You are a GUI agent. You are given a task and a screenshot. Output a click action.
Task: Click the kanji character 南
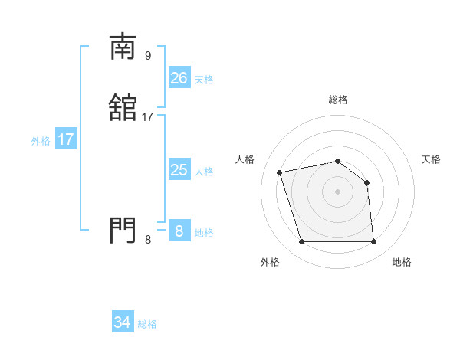[x=123, y=47]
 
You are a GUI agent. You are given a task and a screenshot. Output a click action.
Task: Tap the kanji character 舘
[x=123, y=107]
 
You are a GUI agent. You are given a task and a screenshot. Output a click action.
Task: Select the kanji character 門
[x=123, y=230]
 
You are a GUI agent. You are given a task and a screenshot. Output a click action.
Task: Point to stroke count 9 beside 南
[x=148, y=55]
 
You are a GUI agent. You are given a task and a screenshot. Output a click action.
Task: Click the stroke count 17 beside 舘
[x=148, y=117]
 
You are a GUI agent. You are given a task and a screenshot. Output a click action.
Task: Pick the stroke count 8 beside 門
[x=148, y=240]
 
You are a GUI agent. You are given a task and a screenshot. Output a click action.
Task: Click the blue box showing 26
[x=179, y=77]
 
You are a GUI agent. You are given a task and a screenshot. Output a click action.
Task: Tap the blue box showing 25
[x=179, y=170]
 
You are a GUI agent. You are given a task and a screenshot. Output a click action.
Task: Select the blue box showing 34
[x=122, y=322]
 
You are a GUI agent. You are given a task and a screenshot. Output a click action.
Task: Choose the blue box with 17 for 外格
[x=65, y=139]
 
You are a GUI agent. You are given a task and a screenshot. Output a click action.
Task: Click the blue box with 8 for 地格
[x=179, y=231]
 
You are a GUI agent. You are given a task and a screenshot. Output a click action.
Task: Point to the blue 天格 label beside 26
[x=204, y=79]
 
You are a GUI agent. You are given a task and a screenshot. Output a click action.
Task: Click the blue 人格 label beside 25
[x=204, y=172]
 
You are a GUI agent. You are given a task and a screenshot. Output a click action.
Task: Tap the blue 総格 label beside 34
[x=147, y=324]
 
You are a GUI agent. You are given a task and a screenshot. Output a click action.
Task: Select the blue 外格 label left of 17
[x=41, y=141]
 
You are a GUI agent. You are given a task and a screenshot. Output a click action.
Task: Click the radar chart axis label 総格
[x=337, y=100]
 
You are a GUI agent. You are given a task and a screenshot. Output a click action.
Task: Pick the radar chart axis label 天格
[x=432, y=159]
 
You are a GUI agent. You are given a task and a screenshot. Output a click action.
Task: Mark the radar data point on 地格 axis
[x=373, y=242]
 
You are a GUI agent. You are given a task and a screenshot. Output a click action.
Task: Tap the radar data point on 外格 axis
[x=301, y=242]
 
